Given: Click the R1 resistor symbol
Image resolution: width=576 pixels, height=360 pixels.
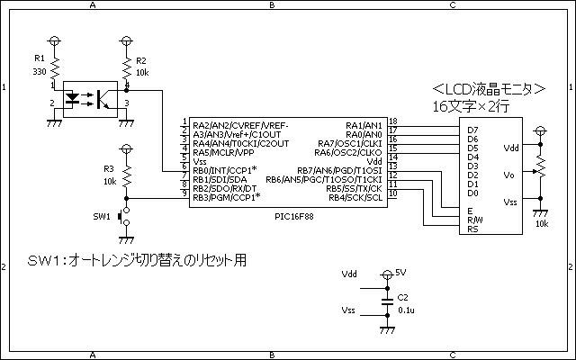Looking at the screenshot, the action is click(54, 68).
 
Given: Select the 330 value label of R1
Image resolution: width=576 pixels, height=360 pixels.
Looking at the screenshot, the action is click(40, 72).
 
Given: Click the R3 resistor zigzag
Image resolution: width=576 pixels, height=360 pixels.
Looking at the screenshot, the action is click(127, 175).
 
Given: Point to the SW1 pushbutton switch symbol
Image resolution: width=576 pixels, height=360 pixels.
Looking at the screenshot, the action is click(124, 216).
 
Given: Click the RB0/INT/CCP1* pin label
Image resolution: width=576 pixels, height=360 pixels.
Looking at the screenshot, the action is click(225, 170).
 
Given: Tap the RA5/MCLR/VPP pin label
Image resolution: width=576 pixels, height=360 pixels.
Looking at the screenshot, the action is click(223, 152).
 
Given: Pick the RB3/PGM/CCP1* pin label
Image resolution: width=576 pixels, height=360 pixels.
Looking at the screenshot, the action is click(227, 198).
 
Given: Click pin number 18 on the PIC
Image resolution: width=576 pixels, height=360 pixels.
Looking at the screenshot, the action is click(393, 121).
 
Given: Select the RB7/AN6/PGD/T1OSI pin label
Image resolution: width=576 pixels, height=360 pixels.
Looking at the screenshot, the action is click(339, 170).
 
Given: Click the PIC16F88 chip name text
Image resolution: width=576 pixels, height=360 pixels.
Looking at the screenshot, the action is click(294, 216).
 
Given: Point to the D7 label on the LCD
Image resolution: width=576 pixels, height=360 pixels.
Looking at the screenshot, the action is click(472, 130).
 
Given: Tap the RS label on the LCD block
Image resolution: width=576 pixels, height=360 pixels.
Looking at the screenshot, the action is click(472, 229).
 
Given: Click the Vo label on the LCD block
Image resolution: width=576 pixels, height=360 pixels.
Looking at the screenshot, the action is click(508, 175).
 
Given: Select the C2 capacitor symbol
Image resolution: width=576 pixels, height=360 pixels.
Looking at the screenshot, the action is click(387, 302).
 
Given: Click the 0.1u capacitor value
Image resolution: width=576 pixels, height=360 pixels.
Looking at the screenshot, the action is click(406, 310).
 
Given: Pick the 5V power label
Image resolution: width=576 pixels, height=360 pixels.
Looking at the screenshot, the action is click(400, 273).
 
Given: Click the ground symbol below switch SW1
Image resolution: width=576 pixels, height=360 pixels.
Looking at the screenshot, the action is click(127, 240).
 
